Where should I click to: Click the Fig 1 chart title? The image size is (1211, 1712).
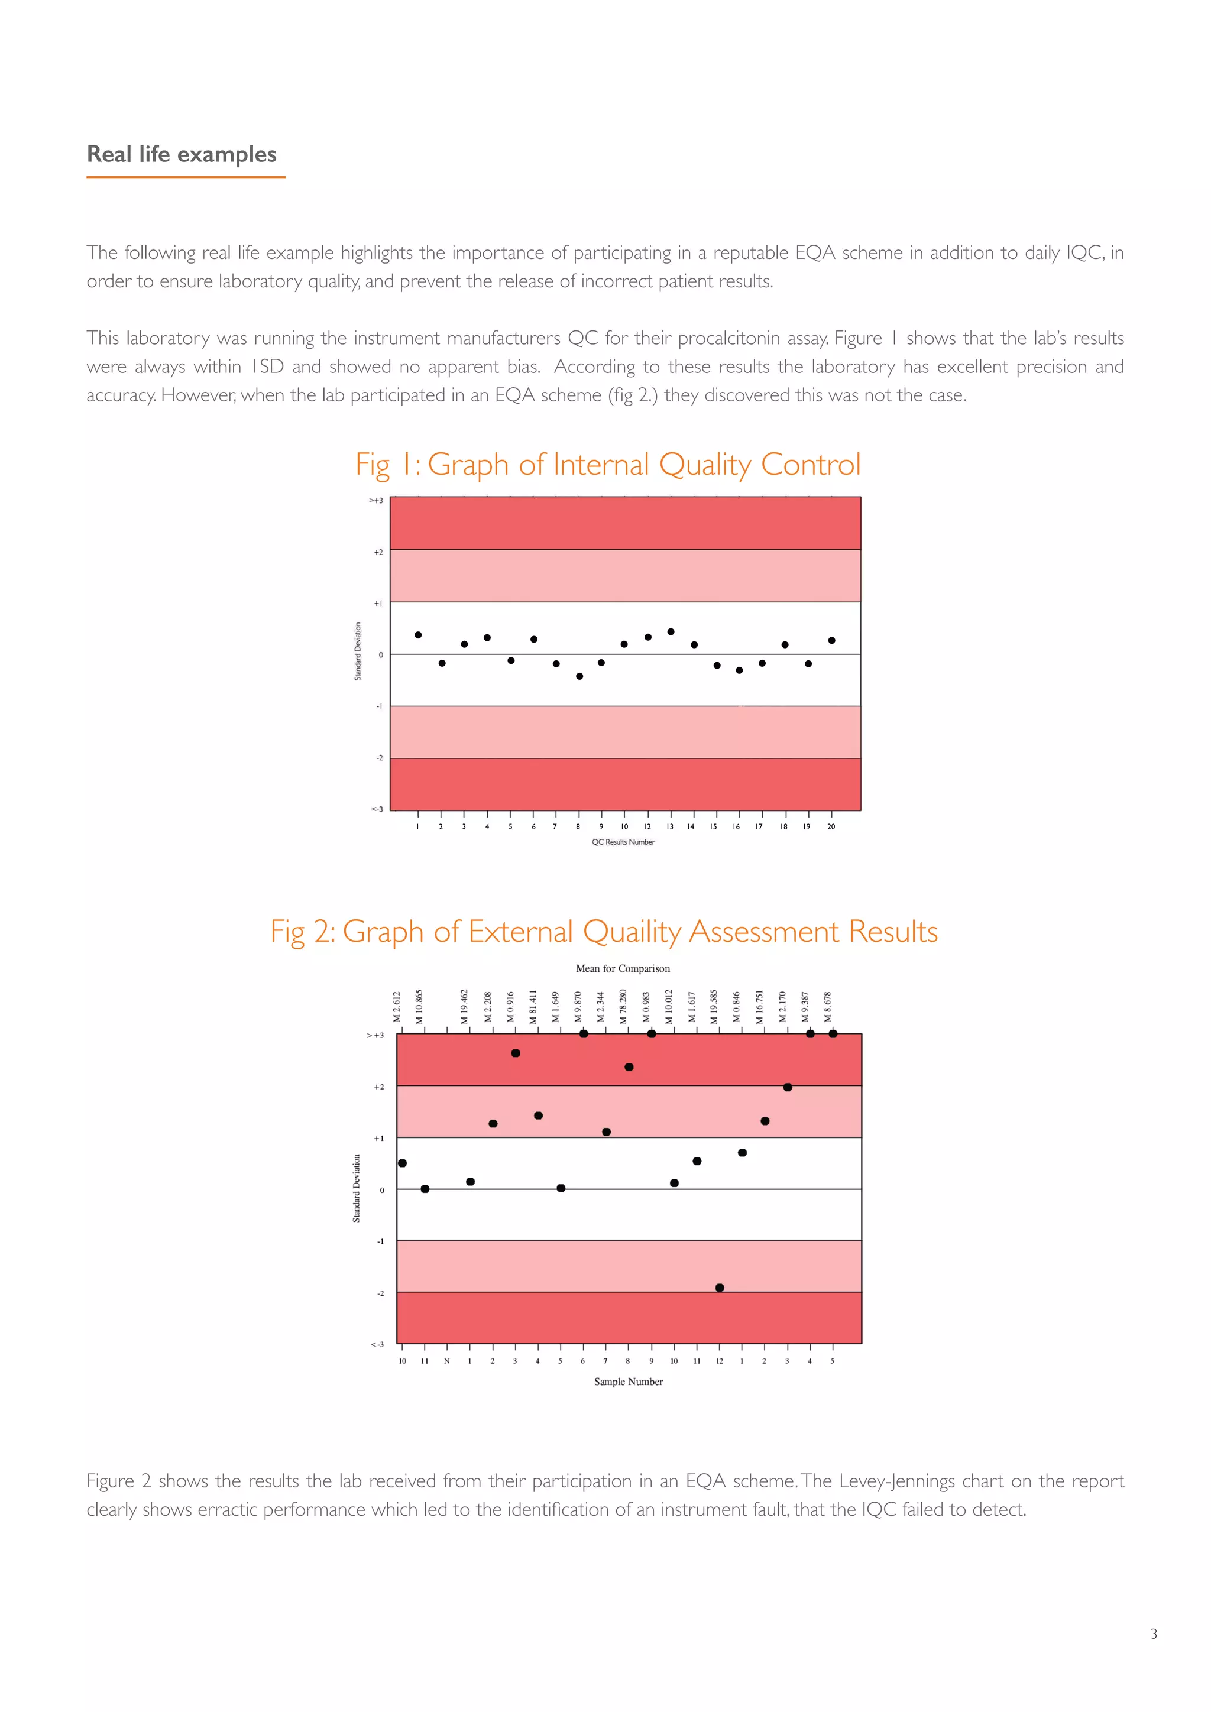(608, 465)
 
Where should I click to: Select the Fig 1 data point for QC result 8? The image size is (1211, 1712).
(579, 676)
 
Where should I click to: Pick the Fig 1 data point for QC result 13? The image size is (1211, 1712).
(671, 631)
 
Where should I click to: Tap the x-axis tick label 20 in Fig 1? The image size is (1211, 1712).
(831, 826)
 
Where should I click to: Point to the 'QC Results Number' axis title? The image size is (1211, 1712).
(623, 842)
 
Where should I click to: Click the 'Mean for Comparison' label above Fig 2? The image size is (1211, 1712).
(623, 968)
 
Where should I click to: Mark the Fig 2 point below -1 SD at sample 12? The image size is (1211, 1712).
(720, 1288)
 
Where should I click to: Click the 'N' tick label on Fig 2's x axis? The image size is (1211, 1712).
(446, 1361)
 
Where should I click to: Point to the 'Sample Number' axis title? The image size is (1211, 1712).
(628, 1382)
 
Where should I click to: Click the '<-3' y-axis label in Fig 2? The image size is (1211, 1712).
(377, 1344)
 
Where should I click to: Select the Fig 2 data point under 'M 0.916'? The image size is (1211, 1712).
(515, 1053)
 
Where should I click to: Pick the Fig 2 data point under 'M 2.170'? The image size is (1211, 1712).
(788, 1087)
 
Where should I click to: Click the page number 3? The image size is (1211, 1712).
(1154, 1634)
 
